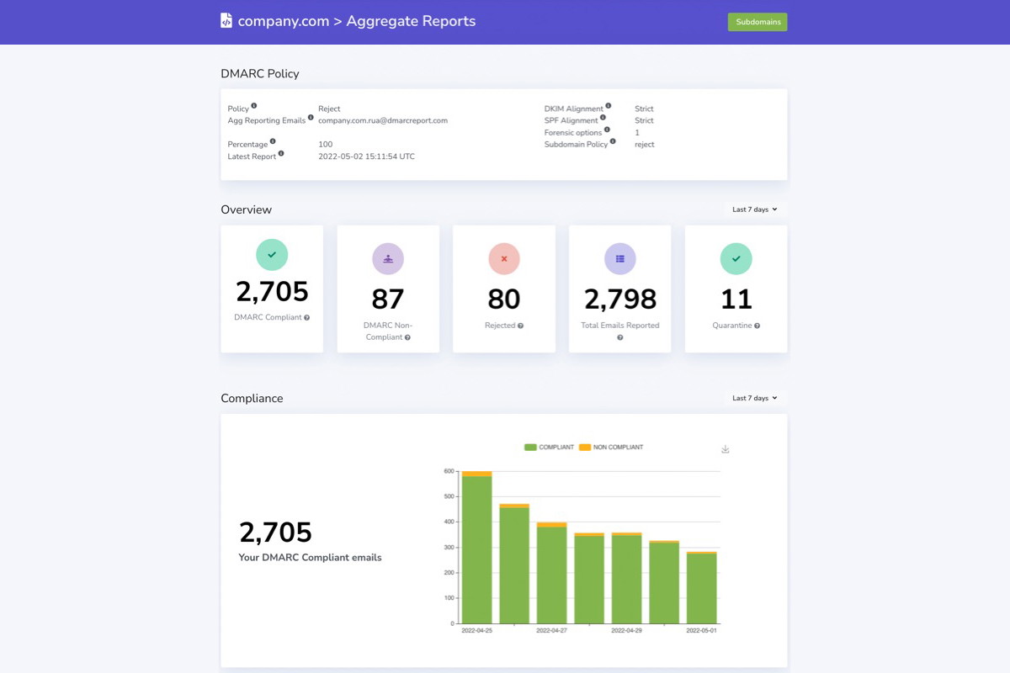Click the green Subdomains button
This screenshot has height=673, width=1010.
(757, 22)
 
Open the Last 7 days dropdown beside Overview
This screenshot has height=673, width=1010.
(754, 209)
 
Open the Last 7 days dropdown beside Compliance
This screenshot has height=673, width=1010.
(754, 398)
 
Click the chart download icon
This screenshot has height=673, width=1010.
(726, 449)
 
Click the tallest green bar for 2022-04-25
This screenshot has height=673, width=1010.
(477, 551)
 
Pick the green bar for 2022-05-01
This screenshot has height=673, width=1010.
(702, 589)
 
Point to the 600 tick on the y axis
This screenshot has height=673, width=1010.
(449, 471)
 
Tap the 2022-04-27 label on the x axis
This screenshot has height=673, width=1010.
(552, 630)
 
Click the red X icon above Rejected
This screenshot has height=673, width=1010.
(504, 258)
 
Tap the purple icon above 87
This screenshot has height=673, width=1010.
(388, 258)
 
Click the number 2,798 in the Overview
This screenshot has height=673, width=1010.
(620, 299)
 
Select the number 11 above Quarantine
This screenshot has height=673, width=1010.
(736, 299)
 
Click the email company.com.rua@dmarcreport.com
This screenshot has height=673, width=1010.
(383, 120)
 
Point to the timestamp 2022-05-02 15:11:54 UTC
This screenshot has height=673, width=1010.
(366, 156)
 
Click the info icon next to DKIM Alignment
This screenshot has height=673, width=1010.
(609, 106)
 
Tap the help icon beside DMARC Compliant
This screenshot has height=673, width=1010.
(306, 318)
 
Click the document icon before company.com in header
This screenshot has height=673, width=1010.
(226, 21)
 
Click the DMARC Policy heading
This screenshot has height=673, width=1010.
(260, 74)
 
